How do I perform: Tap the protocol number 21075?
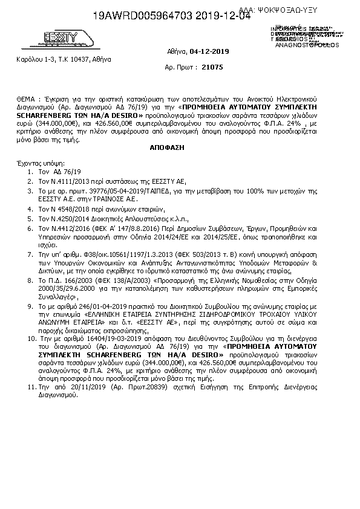(x=214, y=67)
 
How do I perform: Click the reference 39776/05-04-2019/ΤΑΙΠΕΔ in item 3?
(x=120, y=190)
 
